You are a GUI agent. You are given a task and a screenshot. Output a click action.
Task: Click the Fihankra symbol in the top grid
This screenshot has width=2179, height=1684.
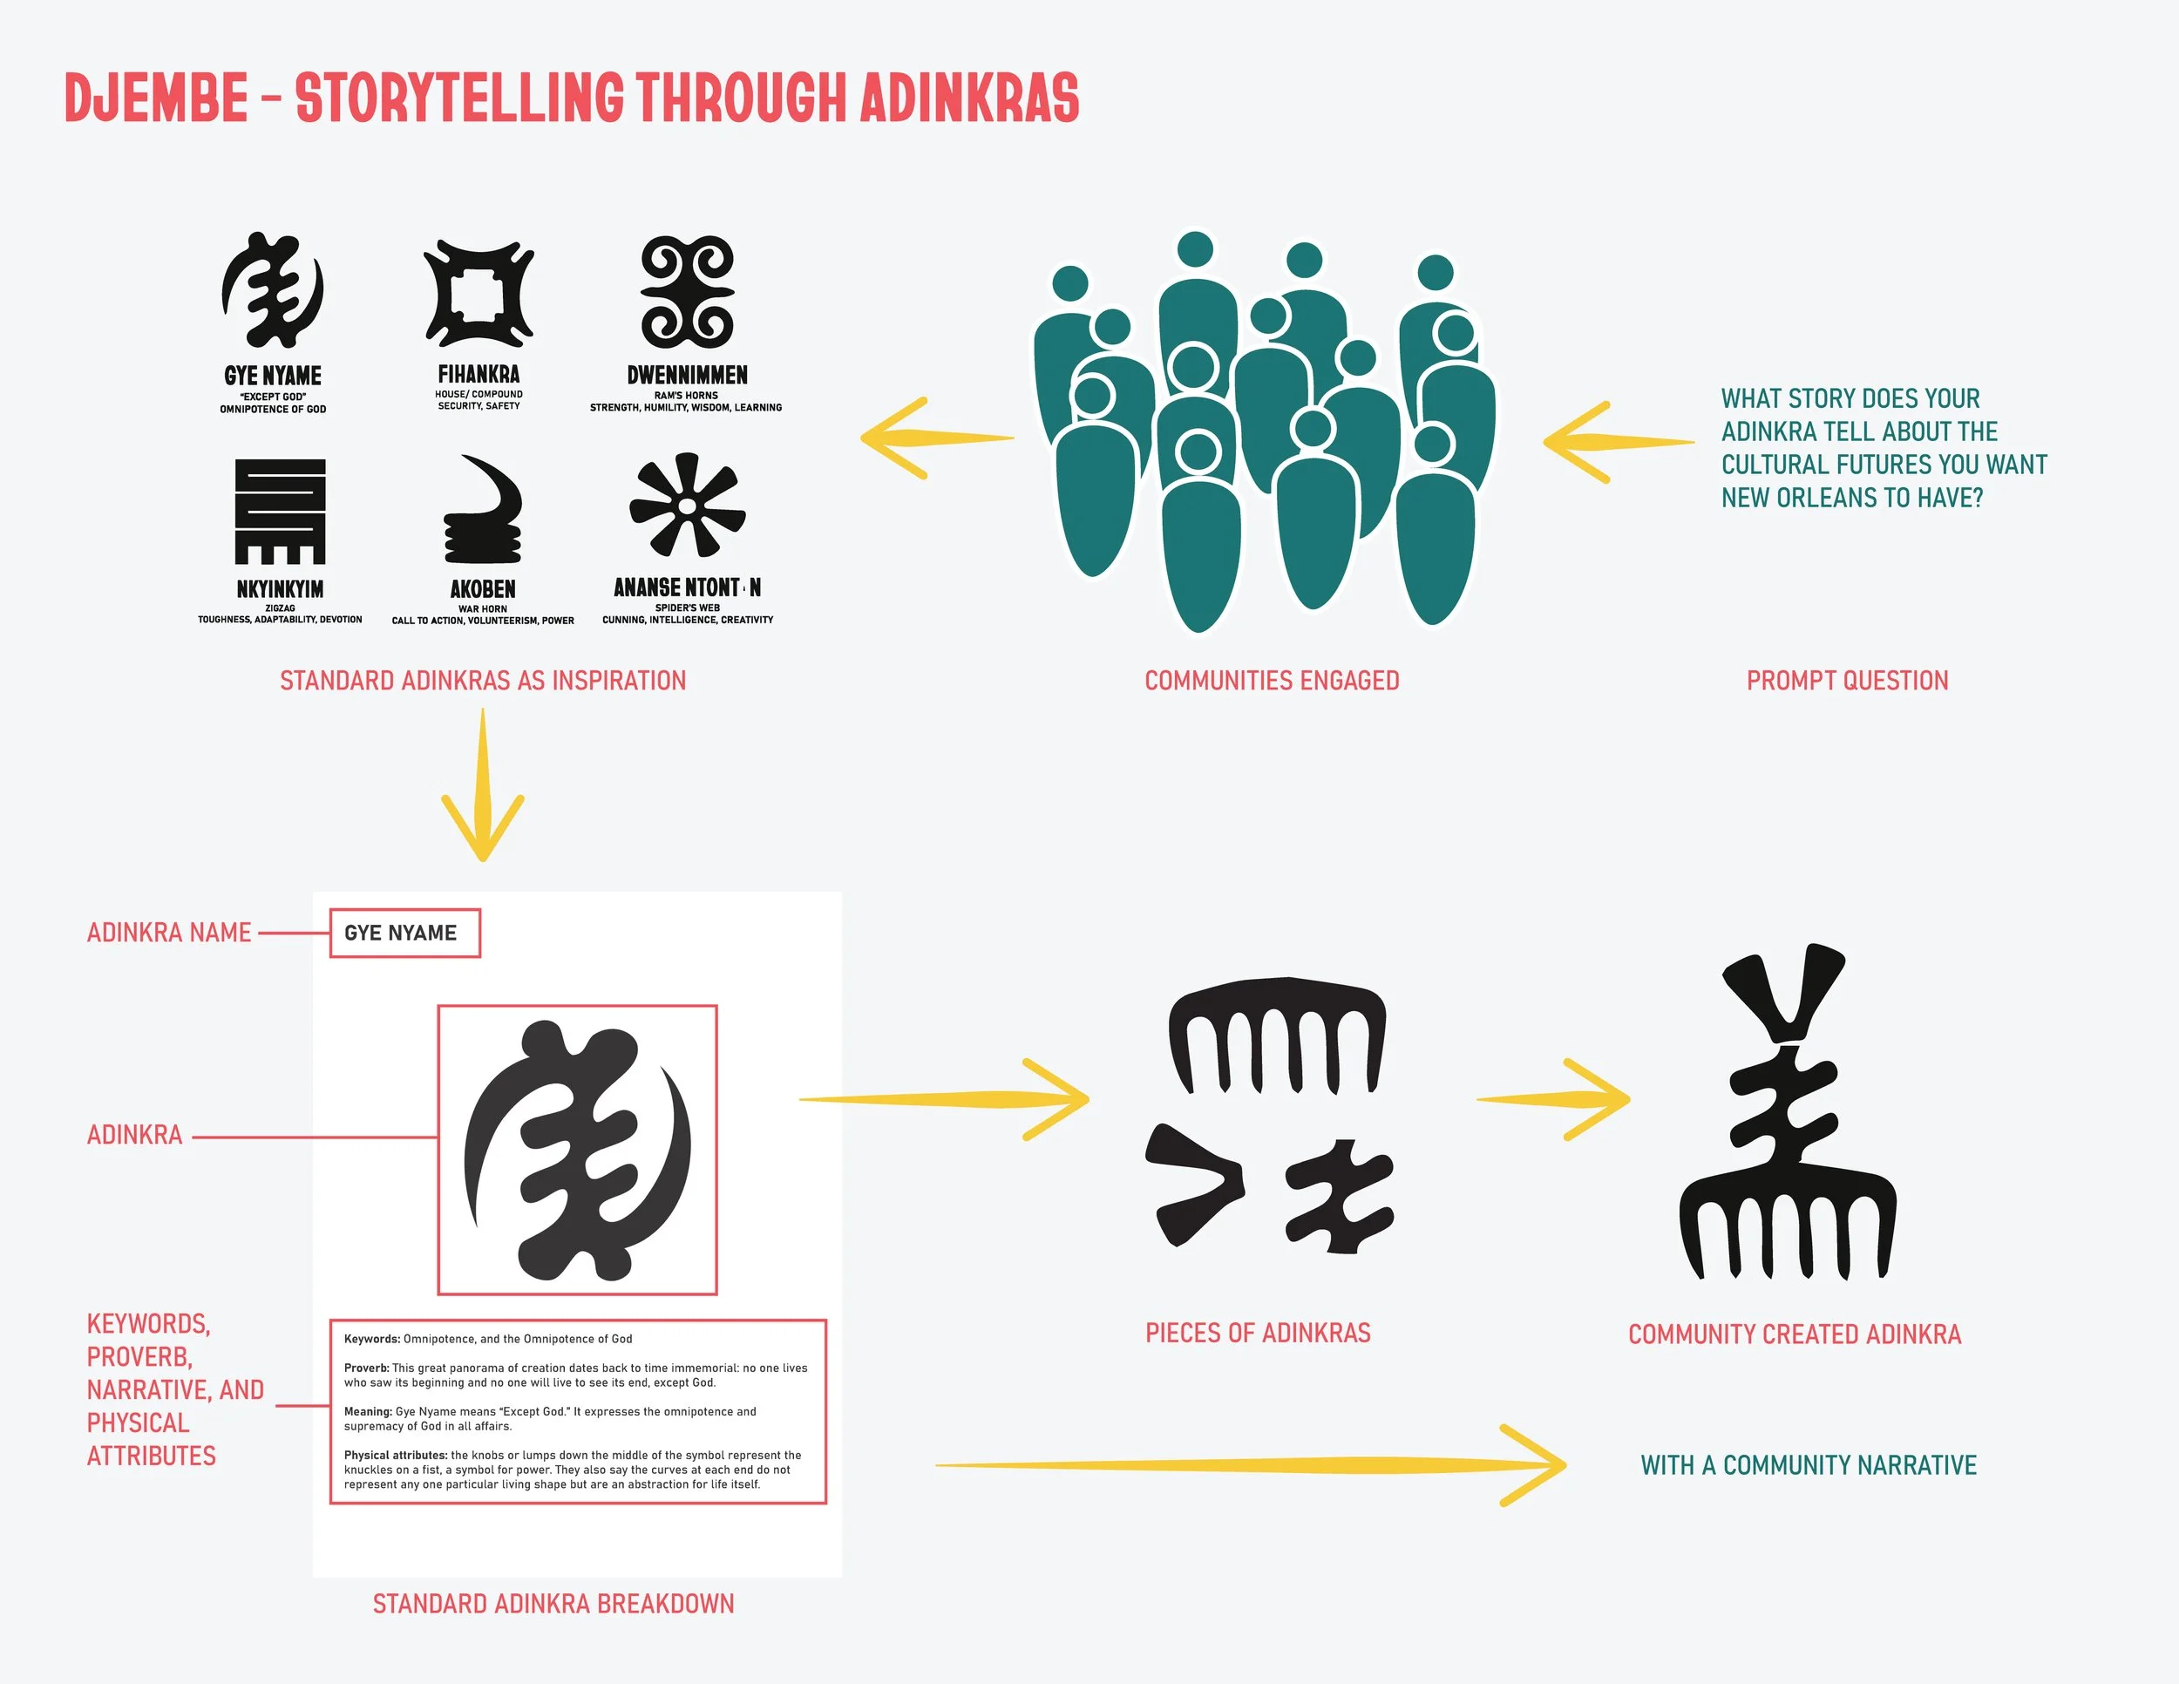coord(479,293)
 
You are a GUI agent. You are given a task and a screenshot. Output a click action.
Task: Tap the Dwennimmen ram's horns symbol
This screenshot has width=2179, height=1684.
coord(687,291)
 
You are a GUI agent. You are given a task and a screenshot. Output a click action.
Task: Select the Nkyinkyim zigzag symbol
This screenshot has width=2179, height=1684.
coord(281,511)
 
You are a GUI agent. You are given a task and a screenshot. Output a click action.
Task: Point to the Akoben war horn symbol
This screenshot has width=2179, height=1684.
coord(483,511)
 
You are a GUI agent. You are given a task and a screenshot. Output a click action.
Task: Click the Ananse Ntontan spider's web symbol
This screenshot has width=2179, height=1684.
coord(688,506)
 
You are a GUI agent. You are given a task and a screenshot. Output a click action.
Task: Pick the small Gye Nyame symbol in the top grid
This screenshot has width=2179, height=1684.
coord(272,290)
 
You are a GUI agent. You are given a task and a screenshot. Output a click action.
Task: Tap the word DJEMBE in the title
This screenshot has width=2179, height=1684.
coord(156,98)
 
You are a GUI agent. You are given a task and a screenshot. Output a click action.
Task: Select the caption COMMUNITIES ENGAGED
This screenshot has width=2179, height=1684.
coord(1271,681)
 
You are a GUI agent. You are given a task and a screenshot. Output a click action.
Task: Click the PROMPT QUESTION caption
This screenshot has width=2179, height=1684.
coord(1847,681)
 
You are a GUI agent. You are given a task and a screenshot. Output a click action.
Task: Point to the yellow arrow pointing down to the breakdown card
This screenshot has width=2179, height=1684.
coord(483,788)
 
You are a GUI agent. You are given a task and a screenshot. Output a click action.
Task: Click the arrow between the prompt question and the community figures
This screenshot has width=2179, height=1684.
coord(1612,442)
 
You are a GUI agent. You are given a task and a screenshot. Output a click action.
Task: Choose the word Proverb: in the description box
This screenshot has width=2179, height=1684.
coord(366,1368)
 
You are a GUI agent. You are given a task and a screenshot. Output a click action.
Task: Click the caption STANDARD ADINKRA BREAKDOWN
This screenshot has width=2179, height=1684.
coord(553,1603)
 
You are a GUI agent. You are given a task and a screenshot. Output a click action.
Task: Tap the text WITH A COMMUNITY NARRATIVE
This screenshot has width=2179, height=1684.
coord(1808,1464)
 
